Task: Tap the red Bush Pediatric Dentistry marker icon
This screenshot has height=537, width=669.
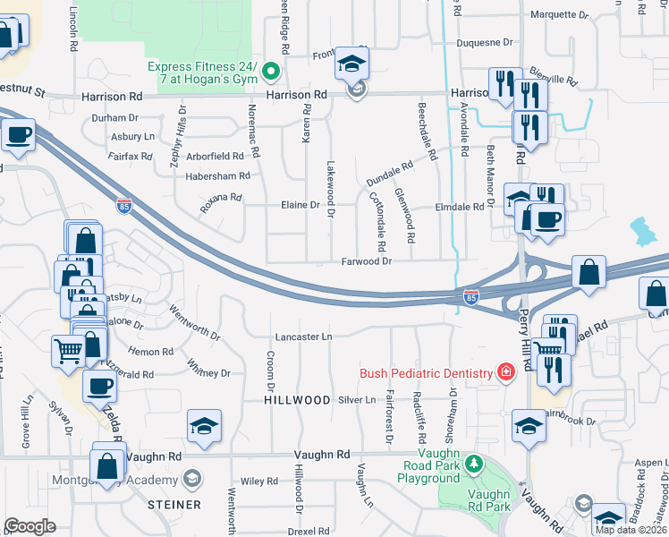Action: click(x=506, y=372)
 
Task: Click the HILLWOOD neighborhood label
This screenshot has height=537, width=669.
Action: click(x=297, y=400)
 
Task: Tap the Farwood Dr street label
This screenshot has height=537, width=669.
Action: click(x=367, y=261)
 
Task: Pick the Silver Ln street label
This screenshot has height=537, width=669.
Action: click(x=358, y=400)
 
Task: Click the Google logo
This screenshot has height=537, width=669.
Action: click(x=30, y=526)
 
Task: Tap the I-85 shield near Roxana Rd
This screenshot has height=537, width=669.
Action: click(x=123, y=206)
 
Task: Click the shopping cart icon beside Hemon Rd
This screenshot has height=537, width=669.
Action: click(x=68, y=352)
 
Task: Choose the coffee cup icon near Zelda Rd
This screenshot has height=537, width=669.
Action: click(x=98, y=386)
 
